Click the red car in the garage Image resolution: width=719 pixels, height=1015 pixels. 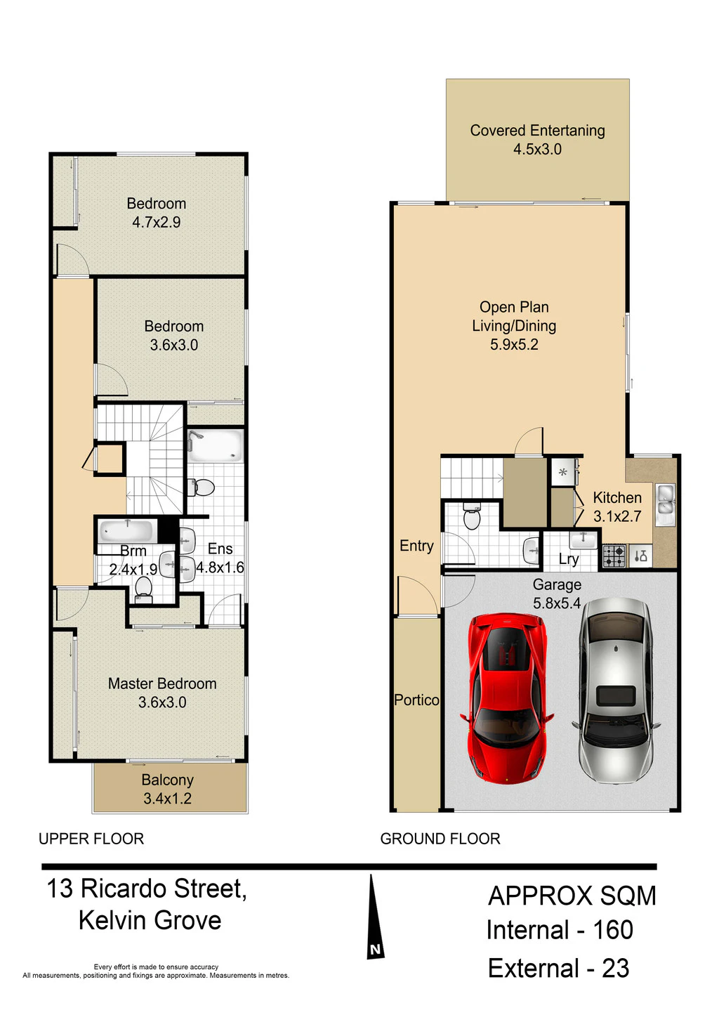tap(506, 698)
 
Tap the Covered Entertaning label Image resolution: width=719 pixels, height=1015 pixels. tap(537, 131)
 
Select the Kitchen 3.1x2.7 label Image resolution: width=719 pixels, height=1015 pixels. tap(617, 506)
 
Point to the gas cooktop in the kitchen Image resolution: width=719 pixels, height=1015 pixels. tap(614, 556)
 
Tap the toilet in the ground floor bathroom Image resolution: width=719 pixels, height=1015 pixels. tap(472, 516)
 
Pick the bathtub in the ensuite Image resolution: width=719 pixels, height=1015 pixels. tap(216, 445)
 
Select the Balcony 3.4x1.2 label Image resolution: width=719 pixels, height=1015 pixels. tap(168, 789)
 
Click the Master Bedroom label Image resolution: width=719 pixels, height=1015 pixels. tap(162, 683)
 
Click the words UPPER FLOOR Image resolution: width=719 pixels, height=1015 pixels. tap(91, 839)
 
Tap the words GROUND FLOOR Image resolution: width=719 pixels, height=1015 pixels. tap(440, 839)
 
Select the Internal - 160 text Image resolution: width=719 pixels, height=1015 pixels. tap(560, 930)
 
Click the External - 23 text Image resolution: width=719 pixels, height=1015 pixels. tap(559, 969)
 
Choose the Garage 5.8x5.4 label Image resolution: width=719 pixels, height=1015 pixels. tap(557, 594)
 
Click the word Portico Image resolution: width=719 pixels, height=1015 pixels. tap(416, 700)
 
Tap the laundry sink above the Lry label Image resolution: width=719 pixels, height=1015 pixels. tap(583, 541)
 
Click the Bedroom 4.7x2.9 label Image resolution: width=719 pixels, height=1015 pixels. tap(157, 213)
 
